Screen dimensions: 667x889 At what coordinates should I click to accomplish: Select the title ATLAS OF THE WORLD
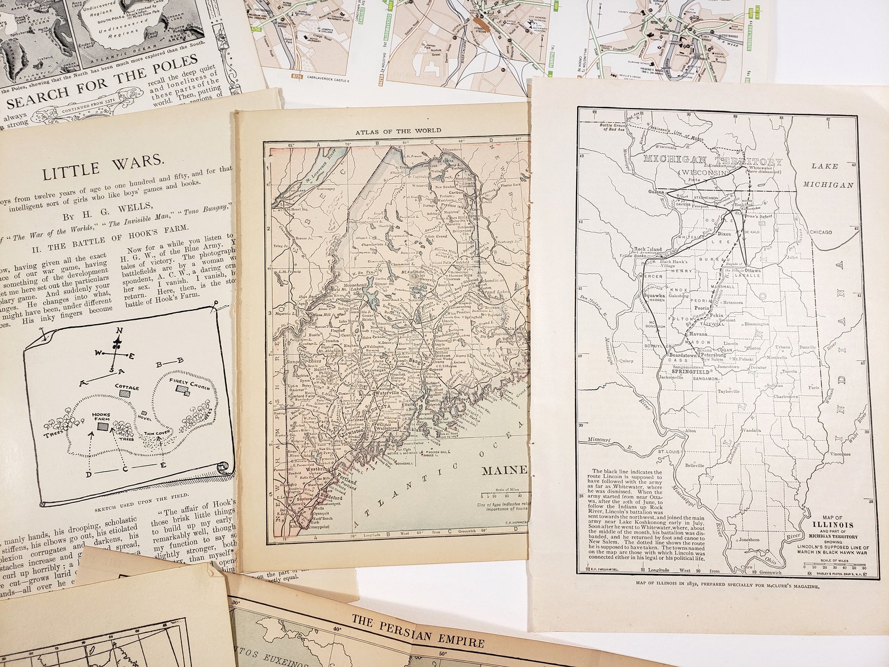(x=398, y=130)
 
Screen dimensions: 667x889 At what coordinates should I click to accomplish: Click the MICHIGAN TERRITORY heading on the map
(x=713, y=161)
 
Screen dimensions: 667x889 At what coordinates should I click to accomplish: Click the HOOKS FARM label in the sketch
(x=102, y=417)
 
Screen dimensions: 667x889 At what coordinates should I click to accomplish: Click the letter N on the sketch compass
(x=118, y=330)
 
